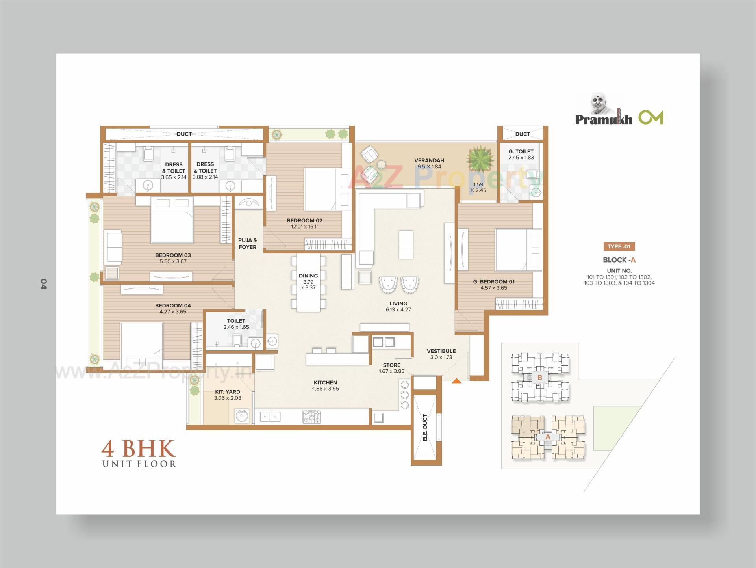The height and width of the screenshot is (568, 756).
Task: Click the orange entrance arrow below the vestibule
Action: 456,381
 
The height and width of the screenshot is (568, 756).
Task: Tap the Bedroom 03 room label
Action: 173,255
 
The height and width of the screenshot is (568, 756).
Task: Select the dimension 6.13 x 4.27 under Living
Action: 398,310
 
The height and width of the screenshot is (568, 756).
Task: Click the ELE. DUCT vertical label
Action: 425,427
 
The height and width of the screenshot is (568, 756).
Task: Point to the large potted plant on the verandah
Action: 480,159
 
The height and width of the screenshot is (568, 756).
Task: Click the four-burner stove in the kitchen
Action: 311,417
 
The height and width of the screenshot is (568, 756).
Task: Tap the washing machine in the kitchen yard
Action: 242,416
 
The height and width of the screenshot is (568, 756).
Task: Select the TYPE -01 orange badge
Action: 619,247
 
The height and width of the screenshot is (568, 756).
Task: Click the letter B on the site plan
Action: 540,377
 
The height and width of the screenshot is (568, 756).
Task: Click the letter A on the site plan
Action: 548,437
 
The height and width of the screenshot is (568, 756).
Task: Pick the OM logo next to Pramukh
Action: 651,117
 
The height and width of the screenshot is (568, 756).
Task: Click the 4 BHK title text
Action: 138,449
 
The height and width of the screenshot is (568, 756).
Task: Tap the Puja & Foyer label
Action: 247,244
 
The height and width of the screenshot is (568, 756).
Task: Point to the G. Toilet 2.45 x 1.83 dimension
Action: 521,158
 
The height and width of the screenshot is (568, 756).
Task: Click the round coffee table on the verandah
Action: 381,164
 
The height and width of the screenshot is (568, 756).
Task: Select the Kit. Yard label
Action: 228,392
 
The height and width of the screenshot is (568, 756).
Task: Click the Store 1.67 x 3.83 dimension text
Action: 391,371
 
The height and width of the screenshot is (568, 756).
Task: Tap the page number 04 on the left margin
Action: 43,284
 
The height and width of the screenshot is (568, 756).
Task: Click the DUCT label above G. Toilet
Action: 523,134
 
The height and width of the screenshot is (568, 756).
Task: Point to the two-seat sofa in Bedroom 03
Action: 113,247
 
